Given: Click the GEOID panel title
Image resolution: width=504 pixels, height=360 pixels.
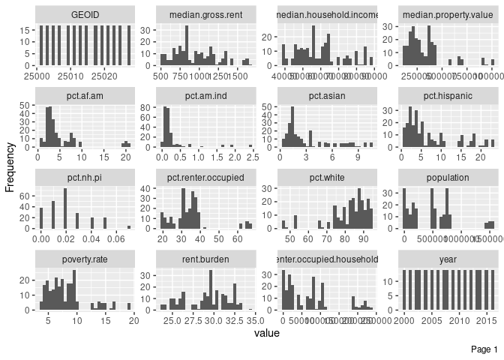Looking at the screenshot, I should (85, 15).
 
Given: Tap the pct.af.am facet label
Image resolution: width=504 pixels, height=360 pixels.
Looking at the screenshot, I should (85, 97).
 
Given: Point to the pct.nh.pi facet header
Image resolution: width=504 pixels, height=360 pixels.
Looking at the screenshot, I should (85, 178).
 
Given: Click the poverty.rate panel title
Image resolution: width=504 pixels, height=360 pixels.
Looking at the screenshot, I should (85, 259).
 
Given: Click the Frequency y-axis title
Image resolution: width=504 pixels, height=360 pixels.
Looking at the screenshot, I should (10, 162).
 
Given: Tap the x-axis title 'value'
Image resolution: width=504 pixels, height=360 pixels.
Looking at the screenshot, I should (267, 332).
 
